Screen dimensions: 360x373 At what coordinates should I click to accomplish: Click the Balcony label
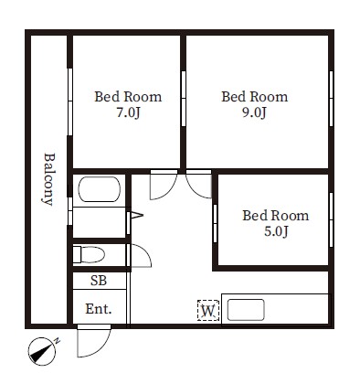click(x=48, y=179)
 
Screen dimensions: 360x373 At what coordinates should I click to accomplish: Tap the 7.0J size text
click(x=128, y=112)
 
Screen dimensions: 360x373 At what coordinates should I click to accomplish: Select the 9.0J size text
click(x=254, y=112)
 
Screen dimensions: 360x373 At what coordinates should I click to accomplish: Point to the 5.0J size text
click(x=276, y=231)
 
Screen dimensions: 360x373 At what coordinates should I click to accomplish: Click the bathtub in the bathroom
click(x=100, y=189)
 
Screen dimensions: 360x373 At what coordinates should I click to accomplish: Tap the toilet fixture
click(x=89, y=254)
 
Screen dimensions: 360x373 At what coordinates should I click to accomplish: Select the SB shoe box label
click(x=99, y=281)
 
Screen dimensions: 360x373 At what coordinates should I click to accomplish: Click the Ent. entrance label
click(x=99, y=309)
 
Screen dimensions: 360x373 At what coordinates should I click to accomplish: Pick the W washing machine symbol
click(x=208, y=311)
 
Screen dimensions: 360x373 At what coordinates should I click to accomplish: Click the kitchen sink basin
click(x=246, y=310)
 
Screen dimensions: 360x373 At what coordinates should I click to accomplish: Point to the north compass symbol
click(x=43, y=351)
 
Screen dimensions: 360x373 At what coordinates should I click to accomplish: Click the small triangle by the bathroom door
click(x=136, y=215)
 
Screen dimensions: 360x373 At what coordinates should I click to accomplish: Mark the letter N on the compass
click(x=57, y=341)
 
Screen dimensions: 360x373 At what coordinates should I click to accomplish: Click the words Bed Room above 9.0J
click(x=254, y=97)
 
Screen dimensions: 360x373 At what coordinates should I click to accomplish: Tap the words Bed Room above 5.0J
click(x=276, y=216)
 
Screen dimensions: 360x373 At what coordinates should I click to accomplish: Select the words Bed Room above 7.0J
click(x=128, y=97)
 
